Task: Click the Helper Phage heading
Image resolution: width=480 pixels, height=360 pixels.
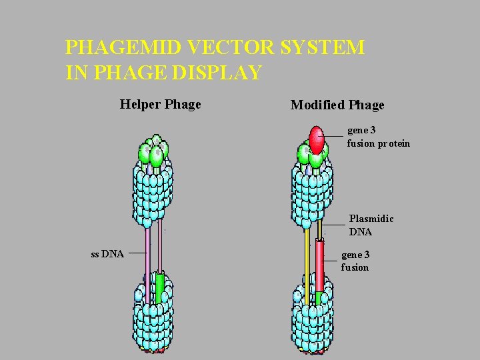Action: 160,105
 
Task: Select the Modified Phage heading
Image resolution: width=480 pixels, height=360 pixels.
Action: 337,105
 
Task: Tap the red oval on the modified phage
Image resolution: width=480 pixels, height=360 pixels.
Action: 317,140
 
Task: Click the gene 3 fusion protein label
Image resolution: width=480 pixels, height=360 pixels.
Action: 378,137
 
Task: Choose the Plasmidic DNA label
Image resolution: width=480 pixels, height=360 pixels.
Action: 371,225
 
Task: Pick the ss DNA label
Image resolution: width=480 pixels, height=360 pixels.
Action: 107,253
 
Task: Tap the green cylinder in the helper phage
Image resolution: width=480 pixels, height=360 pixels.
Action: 160,287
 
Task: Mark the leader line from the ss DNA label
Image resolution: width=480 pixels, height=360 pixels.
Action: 137,253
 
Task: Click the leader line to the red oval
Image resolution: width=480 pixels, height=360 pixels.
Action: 334,136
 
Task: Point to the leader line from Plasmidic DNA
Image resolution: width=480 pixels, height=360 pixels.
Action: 333,225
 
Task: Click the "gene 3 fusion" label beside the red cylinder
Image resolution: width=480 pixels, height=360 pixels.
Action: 355,261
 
